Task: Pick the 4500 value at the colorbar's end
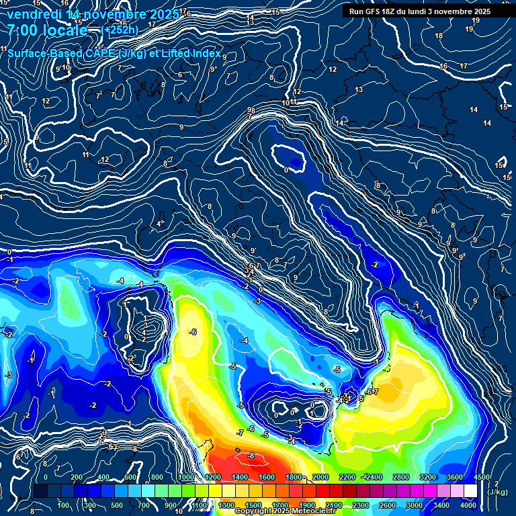tap(481, 477)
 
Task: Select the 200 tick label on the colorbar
tap(76, 477)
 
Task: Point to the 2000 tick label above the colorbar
tap(320, 477)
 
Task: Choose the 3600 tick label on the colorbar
tap(454, 477)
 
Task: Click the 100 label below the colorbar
tap(64, 505)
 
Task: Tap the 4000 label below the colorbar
tap(468, 505)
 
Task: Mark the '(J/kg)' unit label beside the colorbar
tap(498, 492)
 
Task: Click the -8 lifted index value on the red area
tap(251, 456)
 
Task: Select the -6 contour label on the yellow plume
tap(193, 332)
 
